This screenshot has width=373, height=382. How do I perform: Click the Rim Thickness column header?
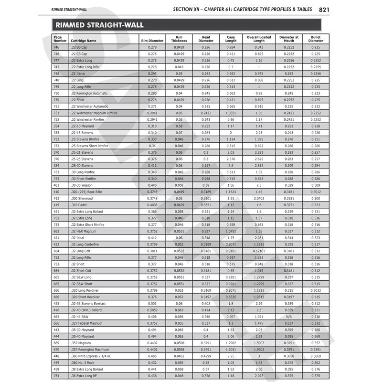179,39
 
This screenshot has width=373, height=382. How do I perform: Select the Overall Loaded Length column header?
259,39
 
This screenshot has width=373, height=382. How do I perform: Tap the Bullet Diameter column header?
316,39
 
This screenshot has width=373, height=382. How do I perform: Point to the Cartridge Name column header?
83,41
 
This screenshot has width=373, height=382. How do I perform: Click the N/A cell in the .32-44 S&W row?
289,317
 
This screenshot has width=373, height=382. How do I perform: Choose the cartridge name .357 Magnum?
80,343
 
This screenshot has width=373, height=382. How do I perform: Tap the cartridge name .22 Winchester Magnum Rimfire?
94,113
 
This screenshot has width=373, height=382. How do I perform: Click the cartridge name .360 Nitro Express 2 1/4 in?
91,356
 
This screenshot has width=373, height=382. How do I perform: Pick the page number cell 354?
56,126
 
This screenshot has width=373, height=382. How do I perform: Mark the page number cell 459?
56,370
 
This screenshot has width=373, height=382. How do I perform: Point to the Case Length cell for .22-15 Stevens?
231,132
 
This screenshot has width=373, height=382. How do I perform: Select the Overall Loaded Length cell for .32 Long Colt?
259,251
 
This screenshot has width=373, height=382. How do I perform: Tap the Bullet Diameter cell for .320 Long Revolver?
316,290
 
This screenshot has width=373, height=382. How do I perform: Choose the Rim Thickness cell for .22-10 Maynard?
179,126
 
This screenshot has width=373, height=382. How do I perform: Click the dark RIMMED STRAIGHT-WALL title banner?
186,25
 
